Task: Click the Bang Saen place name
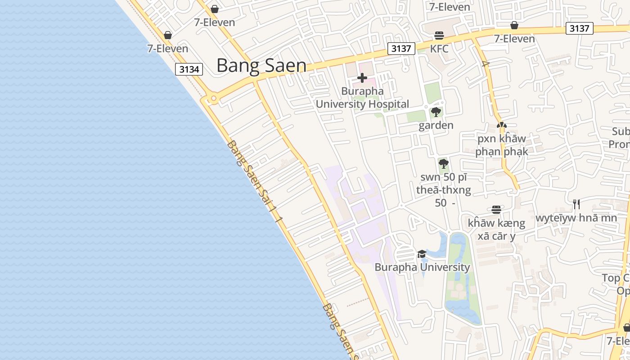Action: click(x=261, y=66)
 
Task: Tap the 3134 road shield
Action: click(x=189, y=69)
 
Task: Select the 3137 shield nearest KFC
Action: click(x=401, y=49)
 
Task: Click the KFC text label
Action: click(x=439, y=49)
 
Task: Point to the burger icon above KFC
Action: click(x=439, y=36)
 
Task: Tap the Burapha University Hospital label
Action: click(x=362, y=98)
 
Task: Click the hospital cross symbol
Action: click(x=362, y=78)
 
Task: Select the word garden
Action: click(x=436, y=125)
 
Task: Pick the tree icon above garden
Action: click(x=436, y=112)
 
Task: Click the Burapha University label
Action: click(x=422, y=267)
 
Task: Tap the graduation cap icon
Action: click(x=422, y=254)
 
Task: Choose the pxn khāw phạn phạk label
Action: click(x=501, y=145)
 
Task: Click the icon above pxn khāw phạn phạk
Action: click(x=501, y=126)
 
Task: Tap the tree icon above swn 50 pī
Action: click(x=443, y=163)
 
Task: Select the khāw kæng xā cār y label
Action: click(x=496, y=229)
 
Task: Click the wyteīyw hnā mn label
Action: click(x=576, y=218)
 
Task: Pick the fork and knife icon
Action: click(x=576, y=205)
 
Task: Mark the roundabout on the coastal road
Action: click(x=213, y=98)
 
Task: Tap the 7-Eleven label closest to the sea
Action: click(x=167, y=49)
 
